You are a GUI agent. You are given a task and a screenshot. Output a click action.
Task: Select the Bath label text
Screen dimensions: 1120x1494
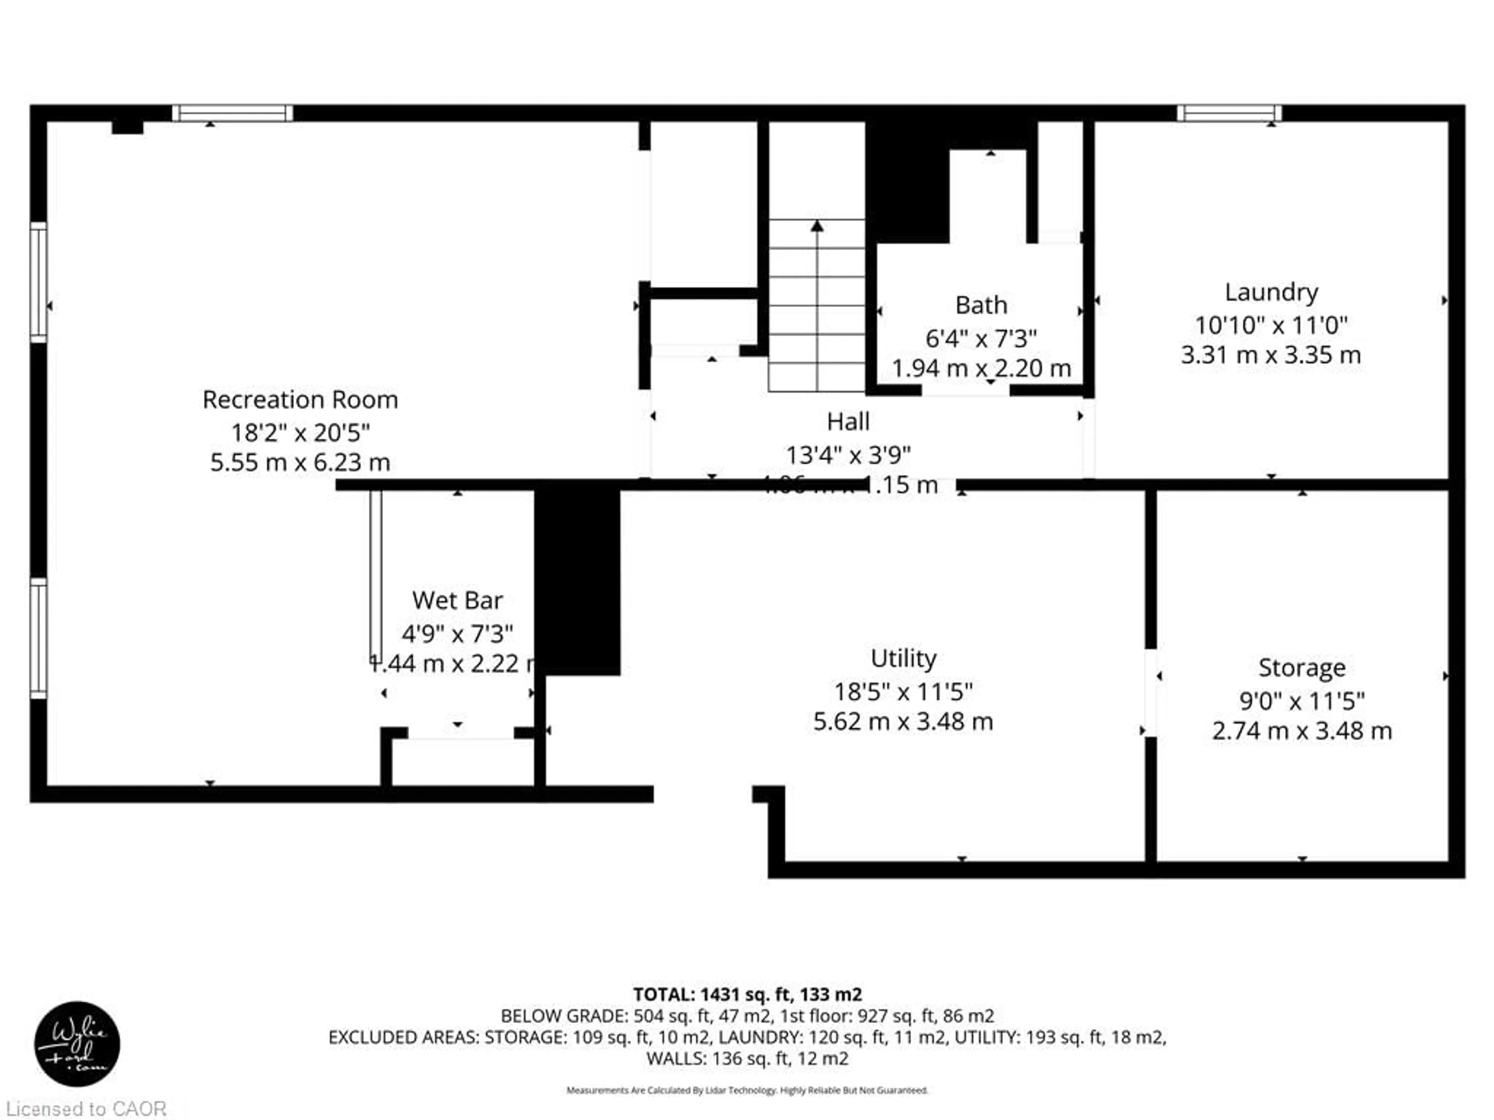[x=981, y=305]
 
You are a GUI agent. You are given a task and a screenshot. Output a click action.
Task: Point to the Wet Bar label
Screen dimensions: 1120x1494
[x=457, y=600]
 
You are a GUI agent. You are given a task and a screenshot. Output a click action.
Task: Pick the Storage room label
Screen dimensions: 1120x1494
[x=1301, y=668]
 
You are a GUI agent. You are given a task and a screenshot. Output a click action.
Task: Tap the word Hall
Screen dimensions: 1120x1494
[x=848, y=422]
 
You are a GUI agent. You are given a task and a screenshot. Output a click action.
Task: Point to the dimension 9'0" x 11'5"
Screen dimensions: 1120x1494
[x=1301, y=701]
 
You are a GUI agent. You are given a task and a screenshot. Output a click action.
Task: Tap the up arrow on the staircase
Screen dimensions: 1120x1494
[x=817, y=227]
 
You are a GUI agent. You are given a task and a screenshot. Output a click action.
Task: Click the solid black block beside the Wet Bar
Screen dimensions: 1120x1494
[x=577, y=581]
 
